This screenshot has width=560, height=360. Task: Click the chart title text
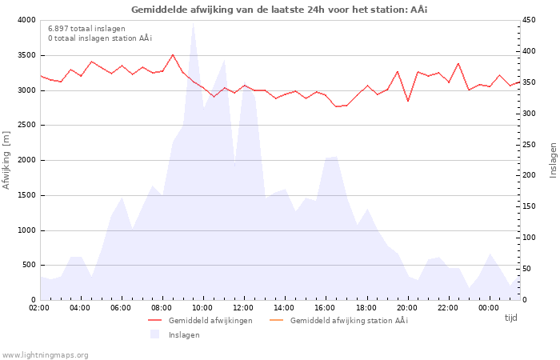[280, 9]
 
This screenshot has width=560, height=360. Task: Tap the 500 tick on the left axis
[28, 265]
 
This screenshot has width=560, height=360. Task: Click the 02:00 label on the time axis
[39, 308]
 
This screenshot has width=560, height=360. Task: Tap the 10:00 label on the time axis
[202, 308]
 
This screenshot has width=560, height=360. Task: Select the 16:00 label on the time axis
[325, 308]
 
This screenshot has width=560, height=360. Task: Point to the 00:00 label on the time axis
[488, 308]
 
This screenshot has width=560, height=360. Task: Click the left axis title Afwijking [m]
[7, 160]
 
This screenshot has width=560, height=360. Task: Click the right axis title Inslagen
[553, 160]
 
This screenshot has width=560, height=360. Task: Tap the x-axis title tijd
[510, 318]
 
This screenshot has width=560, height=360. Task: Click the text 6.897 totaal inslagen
[86, 29]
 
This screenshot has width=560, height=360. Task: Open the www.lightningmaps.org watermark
[45, 354]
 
